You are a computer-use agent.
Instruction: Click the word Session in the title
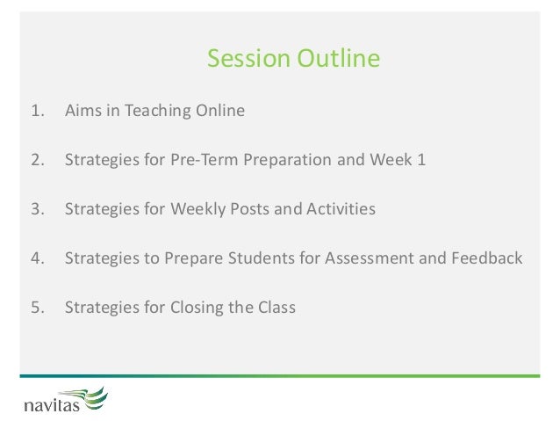coord(248,58)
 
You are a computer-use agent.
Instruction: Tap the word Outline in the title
coord(339,58)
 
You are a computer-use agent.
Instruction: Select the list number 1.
coord(38,111)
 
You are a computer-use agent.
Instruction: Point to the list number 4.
coord(38,258)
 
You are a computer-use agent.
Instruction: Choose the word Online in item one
coord(220,110)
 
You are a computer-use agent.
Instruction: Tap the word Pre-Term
coord(205,160)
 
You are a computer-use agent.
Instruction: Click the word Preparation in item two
coord(288,160)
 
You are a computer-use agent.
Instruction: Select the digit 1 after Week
coord(422,160)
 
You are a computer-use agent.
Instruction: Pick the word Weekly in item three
coord(197,209)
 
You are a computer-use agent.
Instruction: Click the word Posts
coord(249,209)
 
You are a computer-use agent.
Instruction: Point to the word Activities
coord(341,209)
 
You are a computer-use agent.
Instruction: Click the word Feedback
coord(487,258)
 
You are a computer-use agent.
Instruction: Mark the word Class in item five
coord(276,308)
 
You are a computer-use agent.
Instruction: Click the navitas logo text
coord(52,406)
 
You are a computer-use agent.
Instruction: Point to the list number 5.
coord(38,308)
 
